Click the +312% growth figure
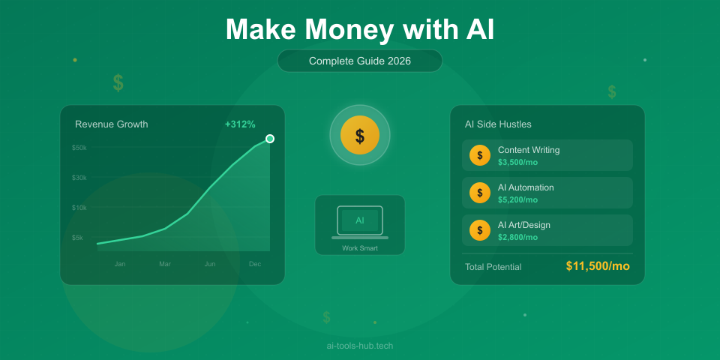coord(240,124)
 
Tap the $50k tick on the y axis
coord(79,148)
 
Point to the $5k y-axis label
coord(78,238)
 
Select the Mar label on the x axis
coord(165,264)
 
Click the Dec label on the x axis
coord(255,264)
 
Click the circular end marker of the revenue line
coord(270,139)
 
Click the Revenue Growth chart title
coord(112,124)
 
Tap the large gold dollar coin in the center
coord(360,136)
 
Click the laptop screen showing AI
coord(360,220)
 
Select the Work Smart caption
coord(360,248)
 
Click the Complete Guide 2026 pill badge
coord(360,61)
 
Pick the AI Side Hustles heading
coord(498,124)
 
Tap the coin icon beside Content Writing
coord(480,155)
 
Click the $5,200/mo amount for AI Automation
coord(517,199)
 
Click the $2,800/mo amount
coord(517,237)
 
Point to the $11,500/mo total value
coord(598,266)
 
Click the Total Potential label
coord(493,267)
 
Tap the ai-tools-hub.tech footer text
coord(360,346)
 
